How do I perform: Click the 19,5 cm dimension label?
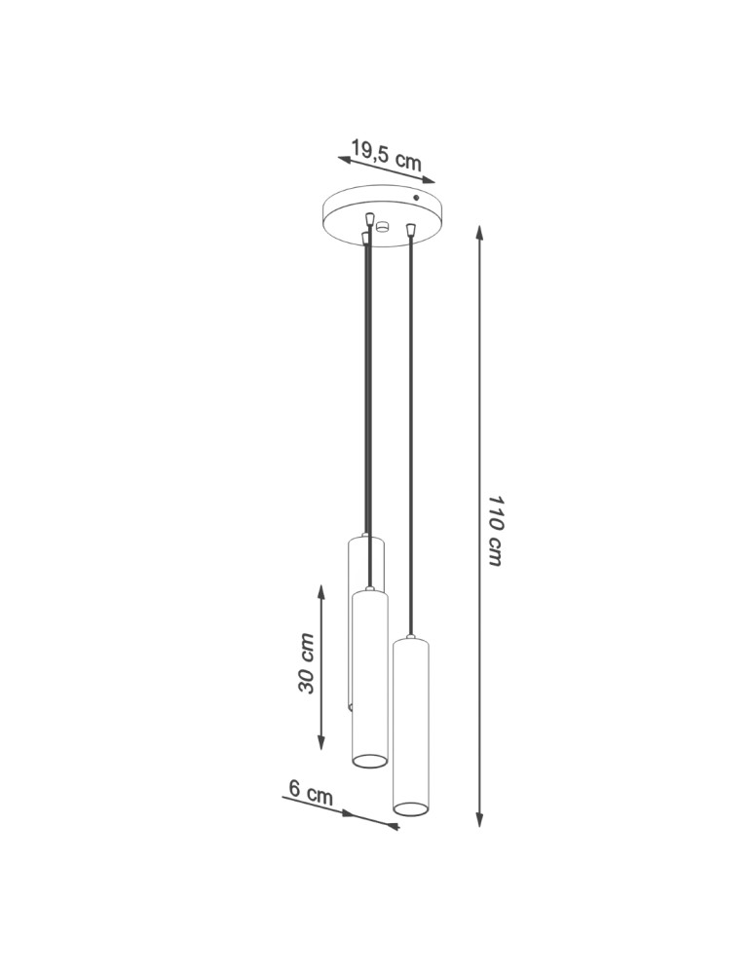tap(386, 156)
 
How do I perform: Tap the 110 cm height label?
tap(494, 531)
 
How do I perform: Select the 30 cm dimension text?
tap(306, 663)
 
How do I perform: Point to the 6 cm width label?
tap(311, 794)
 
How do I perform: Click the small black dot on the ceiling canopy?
tap(417, 198)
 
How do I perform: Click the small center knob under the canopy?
tap(382, 229)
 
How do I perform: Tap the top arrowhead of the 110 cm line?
tap(479, 232)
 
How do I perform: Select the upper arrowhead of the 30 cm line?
tap(321, 591)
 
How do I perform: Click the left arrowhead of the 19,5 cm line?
tap(344, 157)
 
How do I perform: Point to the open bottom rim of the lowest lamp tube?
tap(409, 808)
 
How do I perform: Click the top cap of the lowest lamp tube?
tap(410, 642)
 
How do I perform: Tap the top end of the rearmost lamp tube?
tap(365, 538)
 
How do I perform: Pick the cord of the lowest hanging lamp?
tap(411, 438)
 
